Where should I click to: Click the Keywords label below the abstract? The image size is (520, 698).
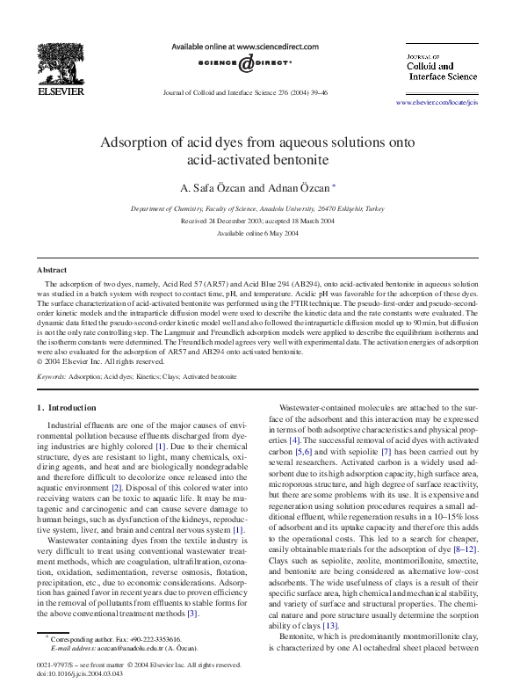click(x=52, y=375)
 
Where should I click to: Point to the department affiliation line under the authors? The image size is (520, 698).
click(x=257, y=209)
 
